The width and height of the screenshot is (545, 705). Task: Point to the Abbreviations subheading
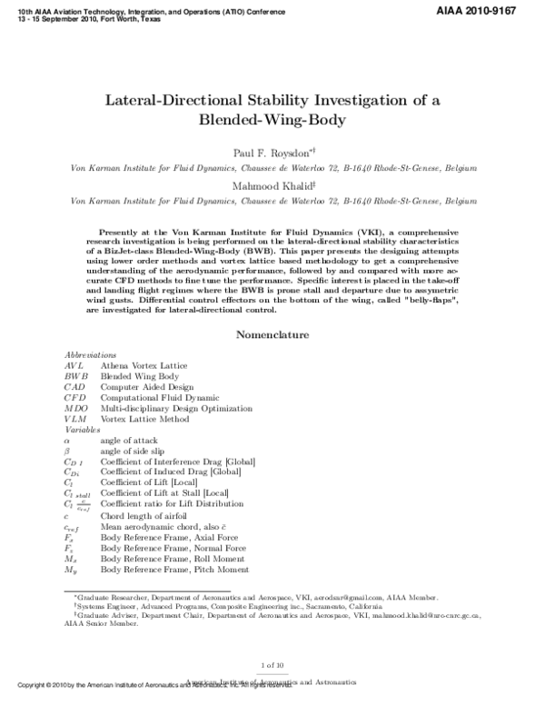90,353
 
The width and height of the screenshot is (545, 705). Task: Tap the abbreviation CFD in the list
75,396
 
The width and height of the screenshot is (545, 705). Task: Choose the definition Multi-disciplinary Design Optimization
174,408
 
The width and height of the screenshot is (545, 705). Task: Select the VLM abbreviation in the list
75,418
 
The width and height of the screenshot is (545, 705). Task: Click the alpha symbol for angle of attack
67,440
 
